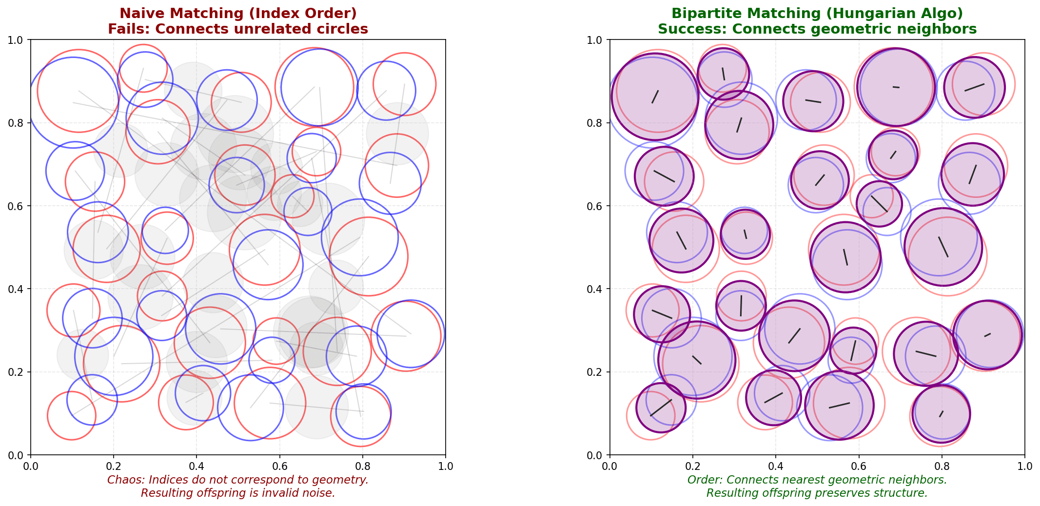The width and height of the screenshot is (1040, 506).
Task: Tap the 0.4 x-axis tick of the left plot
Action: point(196,467)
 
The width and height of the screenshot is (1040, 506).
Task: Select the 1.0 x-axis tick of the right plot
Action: point(1024,467)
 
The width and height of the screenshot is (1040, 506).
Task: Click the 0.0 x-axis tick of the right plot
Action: point(609,467)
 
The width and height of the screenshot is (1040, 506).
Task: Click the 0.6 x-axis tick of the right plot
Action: point(859,467)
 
